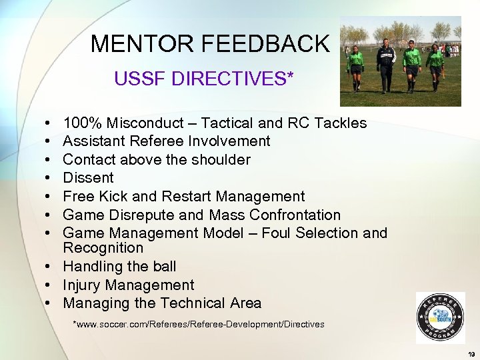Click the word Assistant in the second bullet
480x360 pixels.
[x=94, y=141]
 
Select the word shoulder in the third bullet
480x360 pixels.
[x=219, y=159]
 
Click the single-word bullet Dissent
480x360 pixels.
[x=88, y=178]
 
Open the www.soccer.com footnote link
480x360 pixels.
[x=199, y=325]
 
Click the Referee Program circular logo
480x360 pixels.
[x=440, y=317]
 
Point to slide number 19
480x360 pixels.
[x=471, y=353]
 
